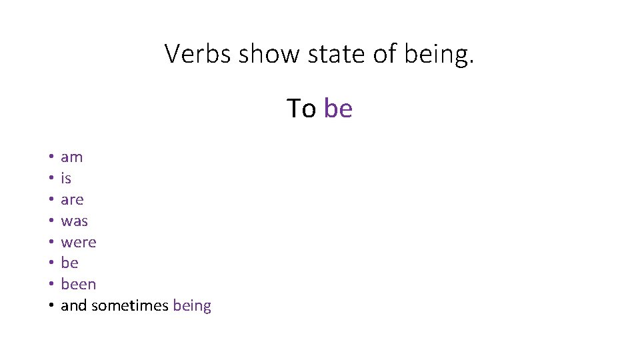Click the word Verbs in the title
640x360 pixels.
(x=198, y=54)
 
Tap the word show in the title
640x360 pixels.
(x=268, y=54)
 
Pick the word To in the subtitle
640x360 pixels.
(x=301, y=108)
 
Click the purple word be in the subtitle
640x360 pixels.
(x=338, y=108)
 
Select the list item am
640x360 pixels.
(x=71, y=157)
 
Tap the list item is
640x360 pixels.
(x=66, y=178)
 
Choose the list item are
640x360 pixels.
(x=72, y=199)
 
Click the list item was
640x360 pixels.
(x=74, y=221)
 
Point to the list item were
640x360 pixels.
(x=78, y=242)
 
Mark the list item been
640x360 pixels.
(x=78, y=284)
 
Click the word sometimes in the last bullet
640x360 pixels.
(x=130, y=306)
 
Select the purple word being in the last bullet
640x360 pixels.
(x=192, y=307)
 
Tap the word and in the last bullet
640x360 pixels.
(x=73, y=306)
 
